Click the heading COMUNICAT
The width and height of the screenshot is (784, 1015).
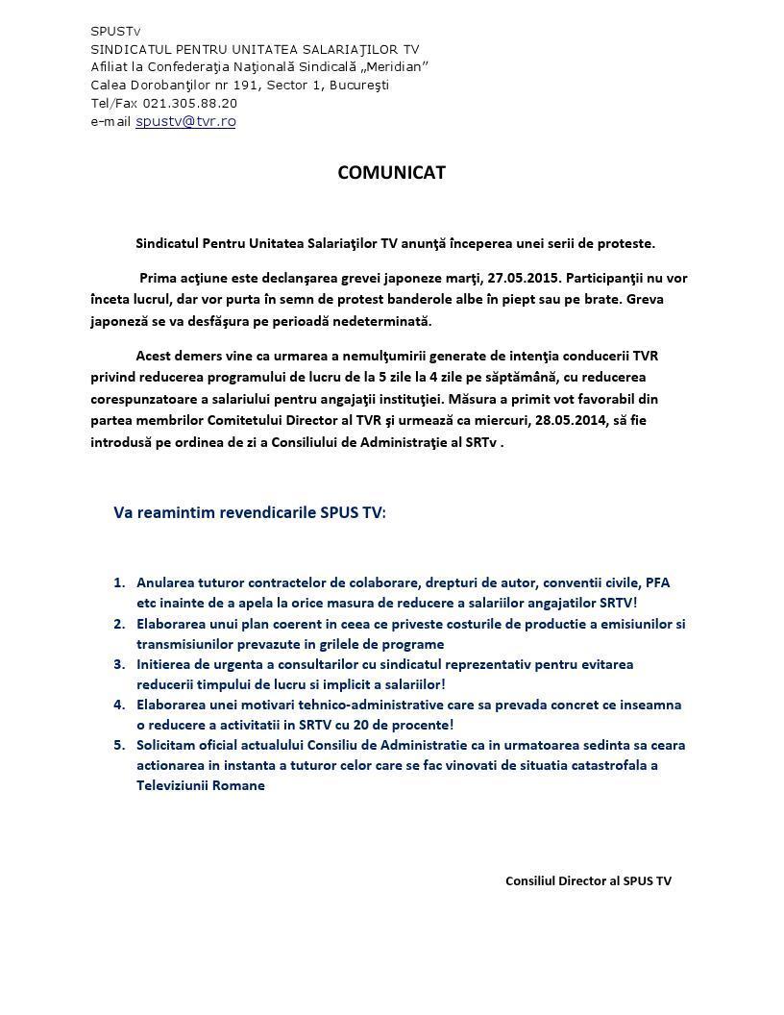(x=391, y=173)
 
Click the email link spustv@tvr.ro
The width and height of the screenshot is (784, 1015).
(x=185, y=121)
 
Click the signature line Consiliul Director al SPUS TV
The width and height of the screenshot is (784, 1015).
(x=588, y=880)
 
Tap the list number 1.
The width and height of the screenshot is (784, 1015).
(x=119, y=582)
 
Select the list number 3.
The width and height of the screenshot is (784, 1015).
(x=119, y=664)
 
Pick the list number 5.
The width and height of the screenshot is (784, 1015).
(x=119, y=745)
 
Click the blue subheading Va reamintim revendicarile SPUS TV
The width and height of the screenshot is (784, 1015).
(x=249, y=512)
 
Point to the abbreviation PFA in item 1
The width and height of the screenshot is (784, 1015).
(x=657, y=582)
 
